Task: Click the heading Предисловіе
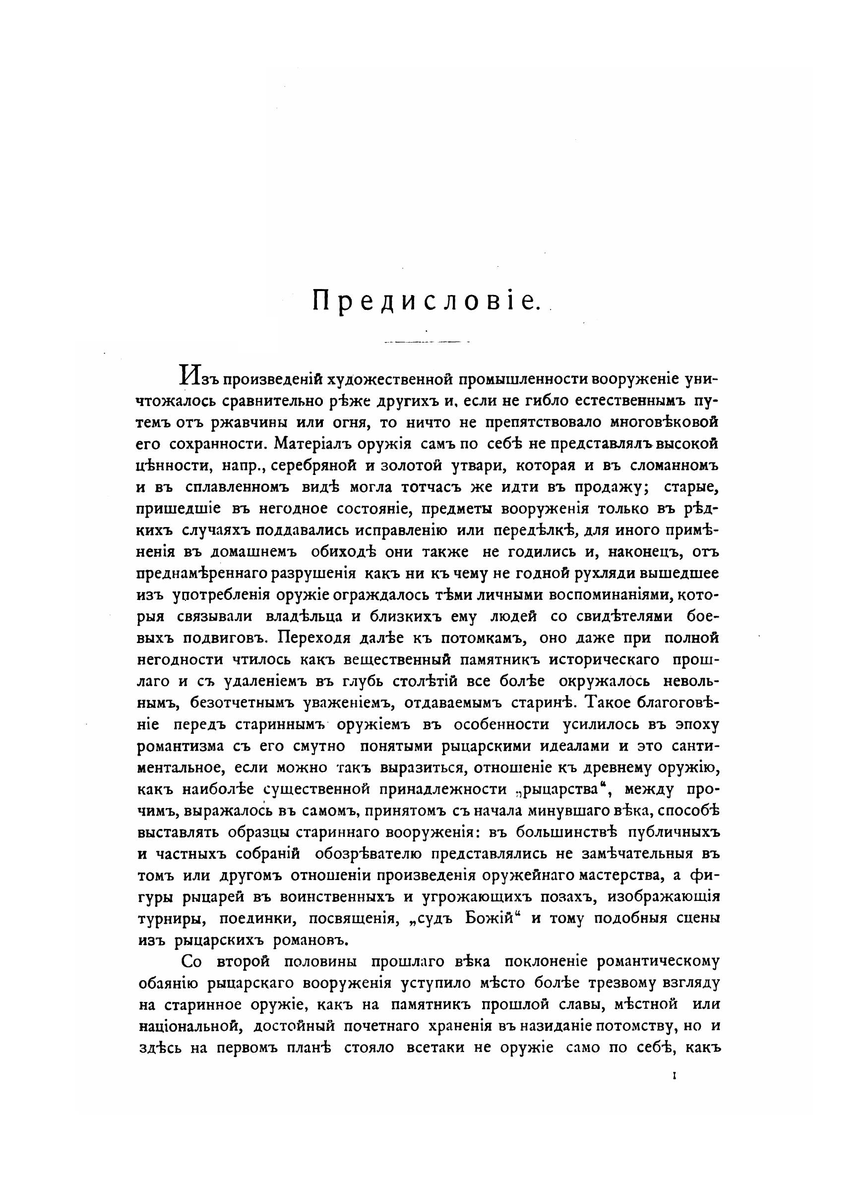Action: coord(426,301)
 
